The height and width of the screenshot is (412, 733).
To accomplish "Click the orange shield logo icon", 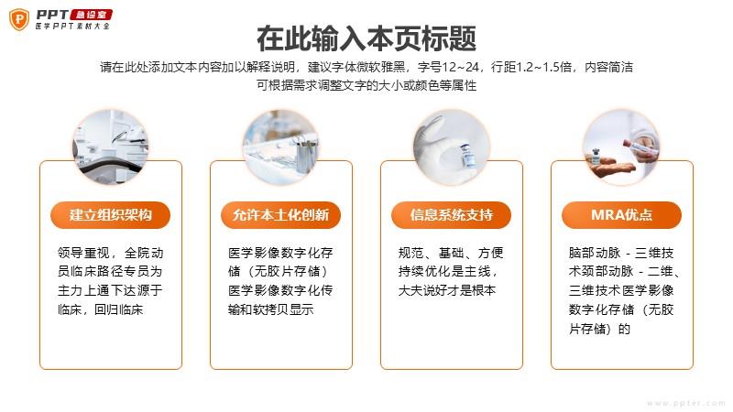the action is click(19, 19).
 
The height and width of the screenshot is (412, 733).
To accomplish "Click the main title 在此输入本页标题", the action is click(366, 38).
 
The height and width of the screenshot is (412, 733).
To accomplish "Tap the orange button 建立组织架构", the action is click(110, 215).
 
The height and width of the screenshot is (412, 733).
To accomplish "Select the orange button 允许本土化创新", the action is click(280, 215).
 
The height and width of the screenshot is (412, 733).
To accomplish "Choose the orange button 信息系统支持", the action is click(451, 215).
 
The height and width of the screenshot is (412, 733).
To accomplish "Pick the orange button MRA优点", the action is click(621, 215).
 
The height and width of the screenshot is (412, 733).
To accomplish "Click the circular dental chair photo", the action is click(110, 147).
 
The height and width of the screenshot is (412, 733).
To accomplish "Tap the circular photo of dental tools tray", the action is click(280, 147).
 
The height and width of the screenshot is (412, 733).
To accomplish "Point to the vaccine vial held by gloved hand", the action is click(468, 156).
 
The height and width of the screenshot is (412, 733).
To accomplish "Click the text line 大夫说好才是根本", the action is click(447, 290).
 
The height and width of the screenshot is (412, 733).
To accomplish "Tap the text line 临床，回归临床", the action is click(100, 309).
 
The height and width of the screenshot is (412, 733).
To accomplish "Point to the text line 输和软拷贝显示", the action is click(270, 309).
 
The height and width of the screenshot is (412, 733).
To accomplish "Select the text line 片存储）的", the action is click(600, 329).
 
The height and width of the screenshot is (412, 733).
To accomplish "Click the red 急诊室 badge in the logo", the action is click(91, 15).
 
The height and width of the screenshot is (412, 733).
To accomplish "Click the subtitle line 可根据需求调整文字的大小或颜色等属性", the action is click(366, 85).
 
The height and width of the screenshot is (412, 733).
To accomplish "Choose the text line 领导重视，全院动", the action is click(110, 253).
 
